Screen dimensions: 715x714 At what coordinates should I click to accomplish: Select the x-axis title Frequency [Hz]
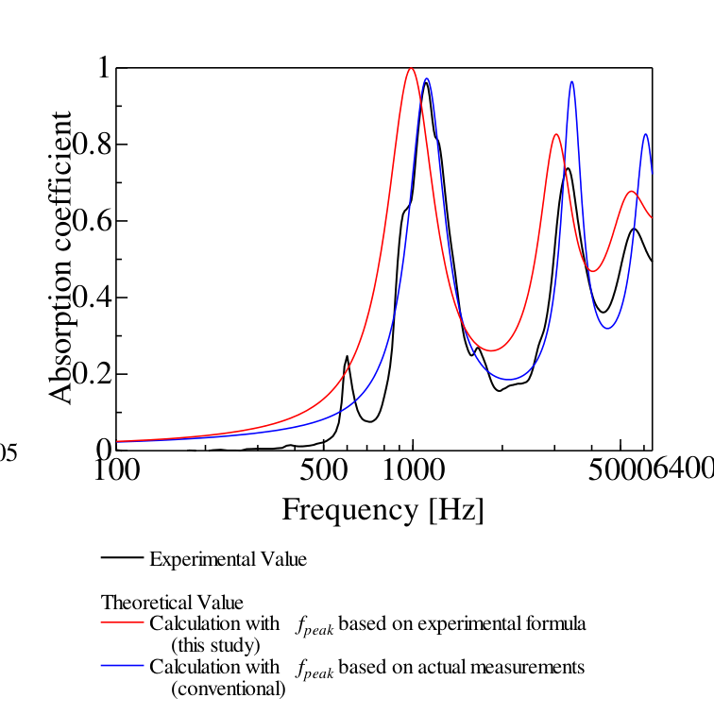pos(382,510)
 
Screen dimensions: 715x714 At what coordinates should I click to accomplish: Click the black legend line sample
pos(122,557)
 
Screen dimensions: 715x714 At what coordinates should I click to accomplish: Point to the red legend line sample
pos(122,623)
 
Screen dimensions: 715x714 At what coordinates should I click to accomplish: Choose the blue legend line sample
pos(122,667)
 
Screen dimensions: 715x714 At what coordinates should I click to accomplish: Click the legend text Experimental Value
pos(228,559)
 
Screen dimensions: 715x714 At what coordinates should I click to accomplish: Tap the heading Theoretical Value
pos(172,603)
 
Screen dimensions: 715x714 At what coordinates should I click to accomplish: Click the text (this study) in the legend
pos(214,645)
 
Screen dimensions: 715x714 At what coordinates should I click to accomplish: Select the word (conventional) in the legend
pos(228,689)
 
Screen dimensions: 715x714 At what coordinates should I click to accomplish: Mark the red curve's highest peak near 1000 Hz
pos(411,68)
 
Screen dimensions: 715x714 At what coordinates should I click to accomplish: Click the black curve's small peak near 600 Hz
pos(347,357)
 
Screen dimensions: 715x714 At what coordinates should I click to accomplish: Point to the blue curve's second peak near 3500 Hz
pos(571,82)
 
